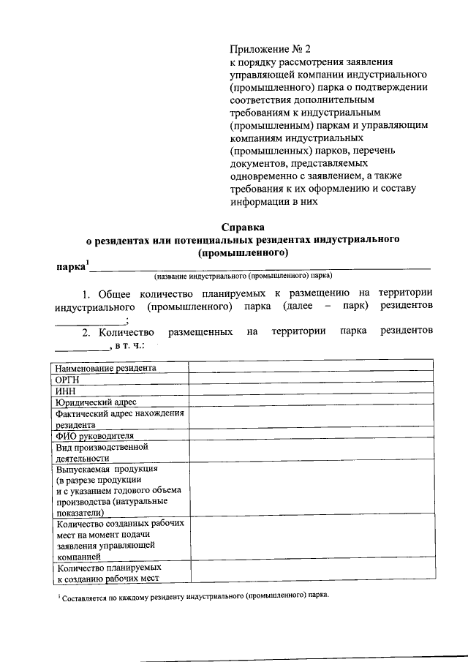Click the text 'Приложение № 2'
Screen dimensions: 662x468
270,50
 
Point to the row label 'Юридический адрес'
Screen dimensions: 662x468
96,402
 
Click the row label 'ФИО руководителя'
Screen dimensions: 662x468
94,435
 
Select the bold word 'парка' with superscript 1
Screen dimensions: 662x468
71,265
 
